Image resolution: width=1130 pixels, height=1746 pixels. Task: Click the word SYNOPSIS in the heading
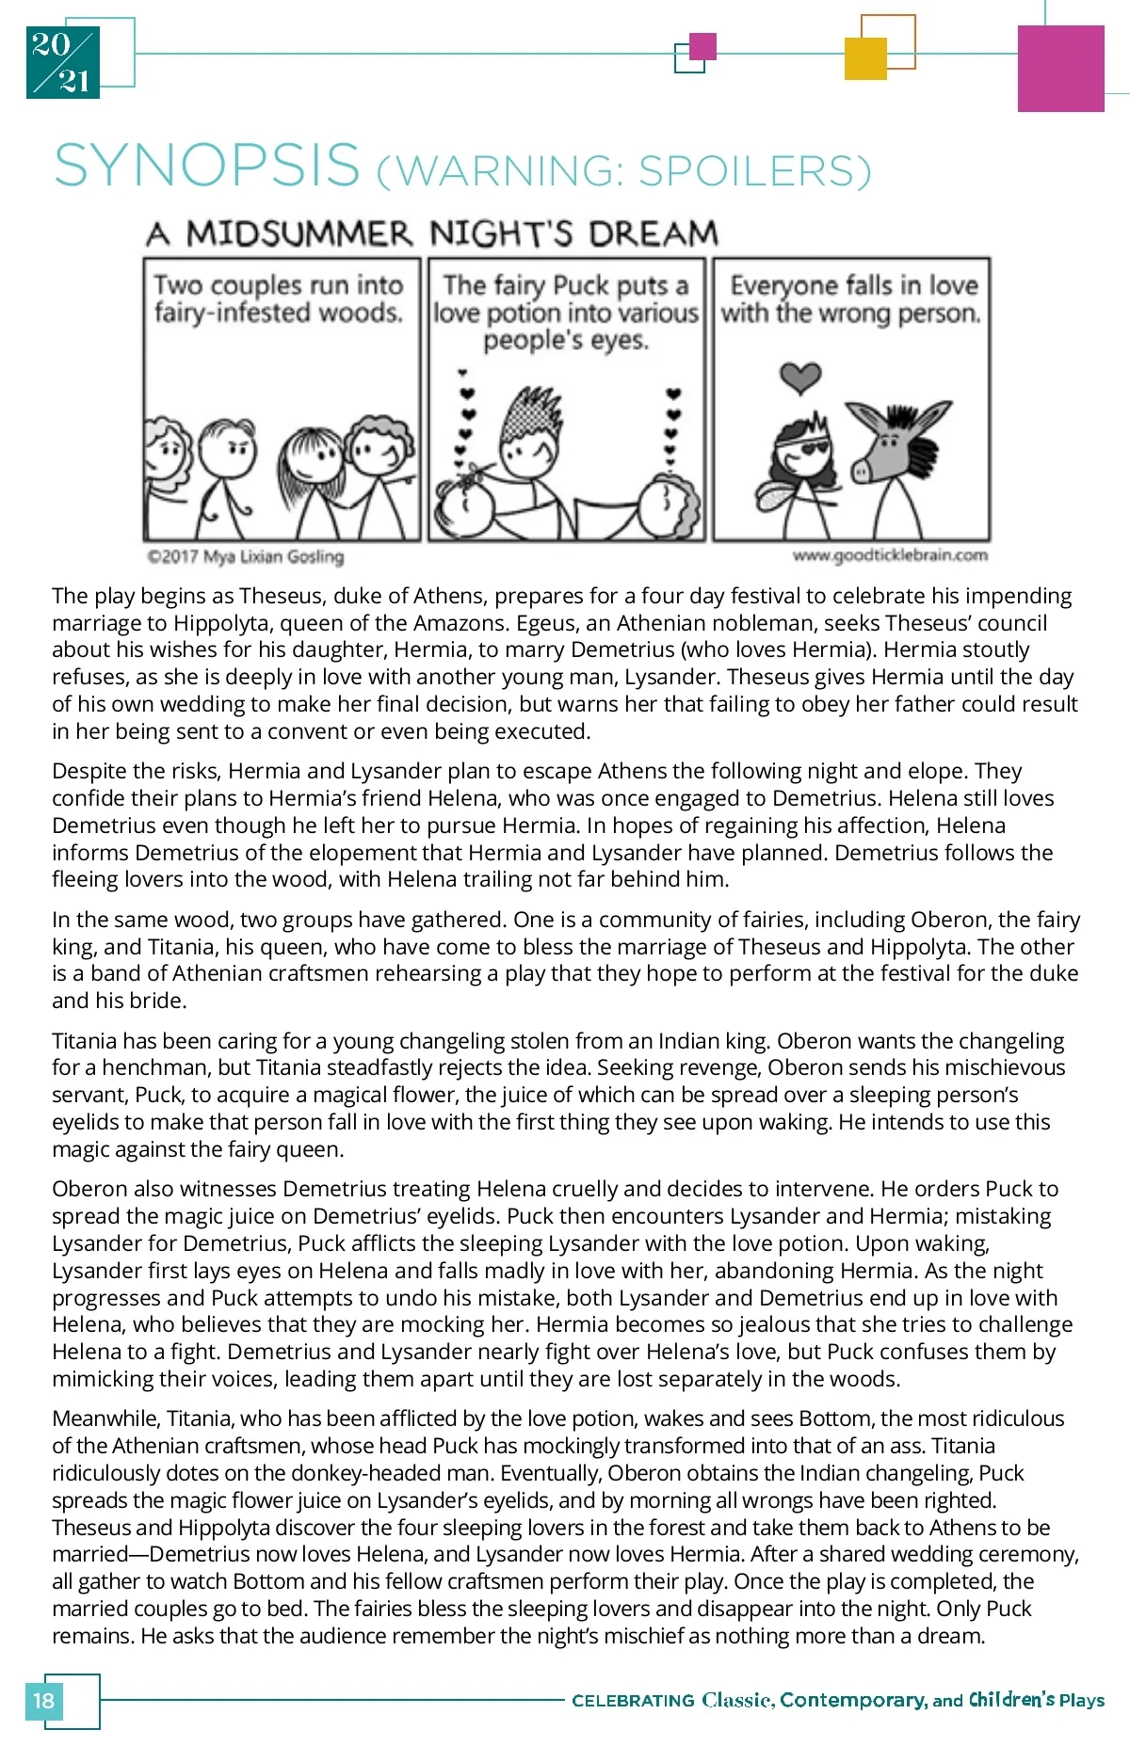pos(206,167)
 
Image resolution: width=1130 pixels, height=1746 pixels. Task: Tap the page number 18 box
pos(43,1700)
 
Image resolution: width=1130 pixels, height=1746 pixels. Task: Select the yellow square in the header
pos(865,58)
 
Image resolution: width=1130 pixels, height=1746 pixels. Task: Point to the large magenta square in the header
pos(1060,69)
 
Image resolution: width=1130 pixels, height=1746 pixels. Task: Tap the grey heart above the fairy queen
pos(800,377)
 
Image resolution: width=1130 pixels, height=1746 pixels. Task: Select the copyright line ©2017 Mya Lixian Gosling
pos(246,556)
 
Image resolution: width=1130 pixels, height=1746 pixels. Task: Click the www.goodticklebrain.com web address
pos(890,555)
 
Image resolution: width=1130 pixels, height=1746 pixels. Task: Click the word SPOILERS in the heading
pos(753,171)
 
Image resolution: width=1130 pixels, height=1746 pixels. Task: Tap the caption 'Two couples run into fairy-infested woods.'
pos(279,297)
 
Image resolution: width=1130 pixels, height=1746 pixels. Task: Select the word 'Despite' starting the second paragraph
pos(88,771)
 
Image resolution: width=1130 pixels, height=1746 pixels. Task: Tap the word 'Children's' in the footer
pos(1010,1700)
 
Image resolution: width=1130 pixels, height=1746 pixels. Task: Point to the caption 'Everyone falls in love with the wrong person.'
pos(851,297)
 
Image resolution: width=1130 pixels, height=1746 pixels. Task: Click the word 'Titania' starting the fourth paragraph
pos(87,1041)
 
